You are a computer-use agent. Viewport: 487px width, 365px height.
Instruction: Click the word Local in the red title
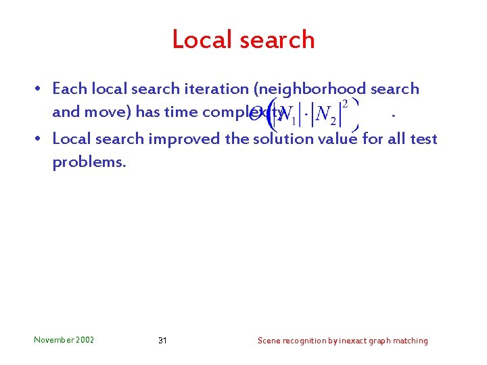(203, 39)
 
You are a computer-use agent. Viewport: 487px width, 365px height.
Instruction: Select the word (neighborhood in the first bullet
(318, 89)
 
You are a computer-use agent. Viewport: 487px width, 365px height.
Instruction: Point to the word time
(181, 112)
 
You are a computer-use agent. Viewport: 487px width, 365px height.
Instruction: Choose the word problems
(89, 163)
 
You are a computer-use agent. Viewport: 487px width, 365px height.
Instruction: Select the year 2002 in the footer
(86, 340)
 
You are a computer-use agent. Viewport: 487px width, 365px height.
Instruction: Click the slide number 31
(162, 340)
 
